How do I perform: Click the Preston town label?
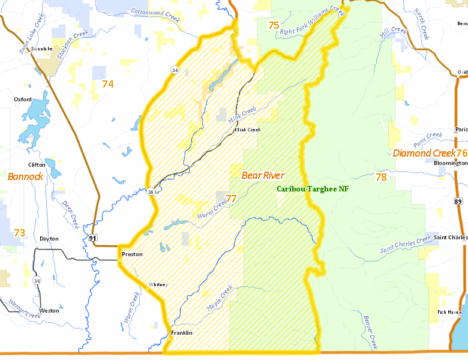coord(132,254)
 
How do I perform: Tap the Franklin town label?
coord(181,333)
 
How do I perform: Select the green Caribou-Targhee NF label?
coord(313,188)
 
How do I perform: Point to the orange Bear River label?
coord(262,175)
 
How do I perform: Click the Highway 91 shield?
coord(92,238)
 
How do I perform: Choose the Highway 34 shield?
coord(174,70)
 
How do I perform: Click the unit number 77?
coord(231,199)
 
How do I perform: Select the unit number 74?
coord(107,84)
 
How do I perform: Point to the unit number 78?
coord(381,177)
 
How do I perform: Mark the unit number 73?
coord(19,233)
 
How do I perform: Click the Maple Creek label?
coord(219,298)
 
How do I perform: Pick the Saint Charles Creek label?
coord(406,245)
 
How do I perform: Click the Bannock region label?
coord(25,176)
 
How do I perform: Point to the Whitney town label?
coord(158,284)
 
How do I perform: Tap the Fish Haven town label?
coord(449,312)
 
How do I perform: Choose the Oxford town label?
coord(23,100)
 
